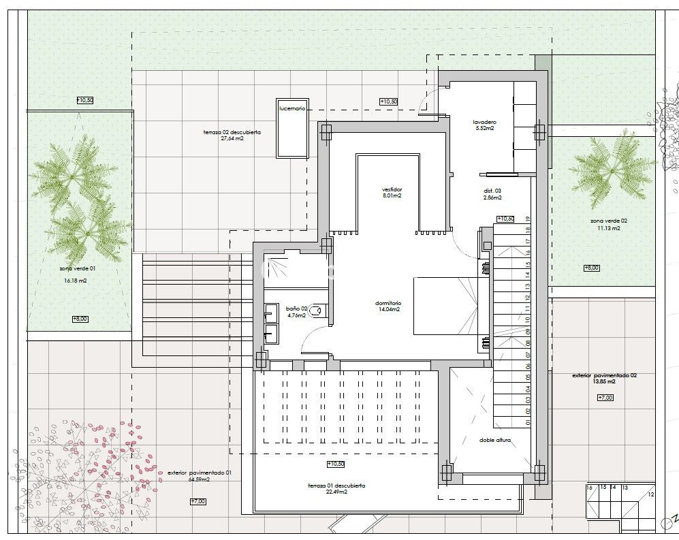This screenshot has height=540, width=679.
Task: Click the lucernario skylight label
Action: pos(291,108)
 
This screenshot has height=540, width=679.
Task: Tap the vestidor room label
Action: pos(391,189)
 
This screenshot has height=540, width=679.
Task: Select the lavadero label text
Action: pos(484,123)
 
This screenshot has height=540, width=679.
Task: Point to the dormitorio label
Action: pos(388,303)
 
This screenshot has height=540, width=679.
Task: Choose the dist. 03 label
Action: pos(492,191)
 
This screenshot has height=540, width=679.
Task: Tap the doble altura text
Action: pos(494,440)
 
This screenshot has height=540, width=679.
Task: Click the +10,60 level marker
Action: pos(505,219)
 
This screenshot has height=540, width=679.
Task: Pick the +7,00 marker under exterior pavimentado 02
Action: pos(604,397)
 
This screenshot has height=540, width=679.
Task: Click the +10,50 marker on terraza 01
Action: pos(335,464)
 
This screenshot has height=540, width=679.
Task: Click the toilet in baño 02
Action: pos(321,311)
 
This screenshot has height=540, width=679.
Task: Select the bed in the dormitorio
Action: pos(446,306)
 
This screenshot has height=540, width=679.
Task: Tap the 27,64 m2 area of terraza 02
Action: pos(232,138)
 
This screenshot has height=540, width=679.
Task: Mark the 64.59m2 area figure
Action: pos(200,479)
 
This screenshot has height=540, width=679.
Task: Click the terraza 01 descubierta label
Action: pos(336,486)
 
